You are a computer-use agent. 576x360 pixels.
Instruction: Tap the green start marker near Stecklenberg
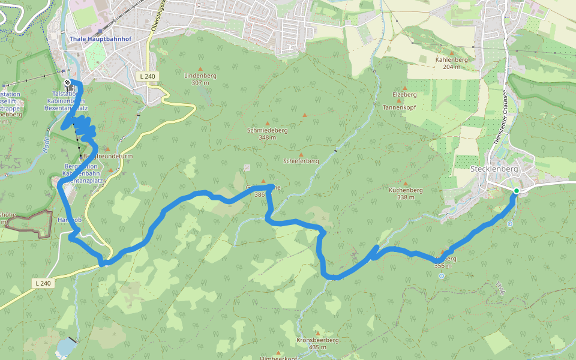516,191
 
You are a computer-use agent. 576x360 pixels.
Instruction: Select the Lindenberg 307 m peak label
200,79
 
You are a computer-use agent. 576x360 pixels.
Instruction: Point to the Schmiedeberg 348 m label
267,134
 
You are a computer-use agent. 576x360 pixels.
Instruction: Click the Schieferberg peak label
301,161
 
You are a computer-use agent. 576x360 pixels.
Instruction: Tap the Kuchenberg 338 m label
406,193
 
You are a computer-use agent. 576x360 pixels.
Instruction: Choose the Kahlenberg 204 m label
451,63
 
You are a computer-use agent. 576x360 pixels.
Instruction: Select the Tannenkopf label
399,107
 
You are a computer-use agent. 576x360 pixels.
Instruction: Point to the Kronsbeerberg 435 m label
317,343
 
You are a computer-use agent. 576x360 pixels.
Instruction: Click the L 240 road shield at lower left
44,283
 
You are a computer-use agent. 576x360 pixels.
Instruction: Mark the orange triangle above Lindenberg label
200,68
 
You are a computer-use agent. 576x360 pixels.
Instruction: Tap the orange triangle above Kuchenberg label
406,184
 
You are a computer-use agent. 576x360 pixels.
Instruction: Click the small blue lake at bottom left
66,346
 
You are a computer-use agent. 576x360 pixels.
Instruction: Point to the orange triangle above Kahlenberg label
451,53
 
